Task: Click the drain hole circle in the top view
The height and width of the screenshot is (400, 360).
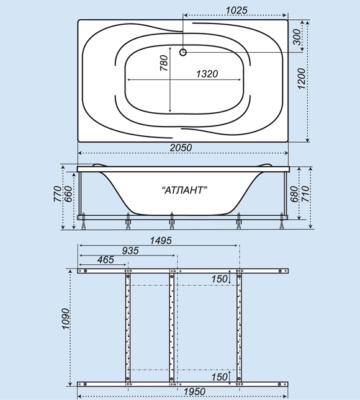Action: [183, 52]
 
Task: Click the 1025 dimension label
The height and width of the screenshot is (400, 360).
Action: [236, 10]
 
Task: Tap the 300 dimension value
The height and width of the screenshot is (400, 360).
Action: [297, 37]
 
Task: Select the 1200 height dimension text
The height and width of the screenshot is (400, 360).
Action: [302, 79]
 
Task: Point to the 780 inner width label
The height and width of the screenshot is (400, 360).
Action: [164, 63]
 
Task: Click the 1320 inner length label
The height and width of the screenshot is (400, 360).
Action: [207, 74]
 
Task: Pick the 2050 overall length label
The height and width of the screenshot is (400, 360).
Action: [181, 148]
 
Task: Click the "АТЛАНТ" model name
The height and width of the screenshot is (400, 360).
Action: [184, 190]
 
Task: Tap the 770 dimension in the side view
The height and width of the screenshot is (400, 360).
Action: [58, 194]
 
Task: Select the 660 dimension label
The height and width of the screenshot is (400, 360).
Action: [68, 194]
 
